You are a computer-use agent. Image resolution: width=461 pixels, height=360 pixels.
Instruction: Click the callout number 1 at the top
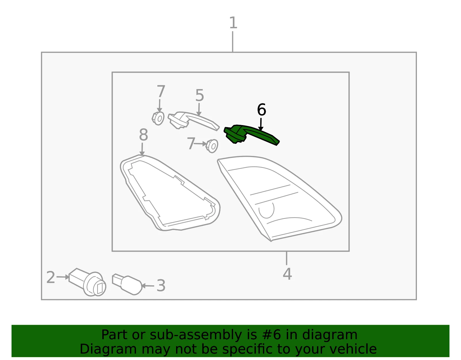click(233, 23)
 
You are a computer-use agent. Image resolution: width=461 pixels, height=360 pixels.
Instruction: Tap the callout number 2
click(51, 277)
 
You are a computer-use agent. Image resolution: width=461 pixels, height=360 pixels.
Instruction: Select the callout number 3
click(161, 286)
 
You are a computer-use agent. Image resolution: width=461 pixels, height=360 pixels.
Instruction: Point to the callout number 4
click(287, 274)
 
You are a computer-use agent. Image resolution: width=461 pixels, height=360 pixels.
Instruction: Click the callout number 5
click(200, 95)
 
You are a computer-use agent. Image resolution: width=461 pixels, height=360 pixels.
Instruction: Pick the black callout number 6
click(261, 110)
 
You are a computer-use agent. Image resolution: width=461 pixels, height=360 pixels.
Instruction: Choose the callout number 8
click(143, 135)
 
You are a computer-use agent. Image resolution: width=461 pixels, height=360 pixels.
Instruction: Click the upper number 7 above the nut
click(161, 91)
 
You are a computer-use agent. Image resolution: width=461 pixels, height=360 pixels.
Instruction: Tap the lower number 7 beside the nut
click(191, 144)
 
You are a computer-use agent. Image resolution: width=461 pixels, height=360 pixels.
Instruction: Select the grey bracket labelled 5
click(193, 120)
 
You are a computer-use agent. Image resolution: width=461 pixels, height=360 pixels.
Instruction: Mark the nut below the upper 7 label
click(158, 118)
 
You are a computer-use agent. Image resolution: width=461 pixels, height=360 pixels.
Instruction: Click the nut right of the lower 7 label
click(212, 146)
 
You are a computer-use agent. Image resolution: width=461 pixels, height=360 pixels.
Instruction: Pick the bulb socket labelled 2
click(87, 282)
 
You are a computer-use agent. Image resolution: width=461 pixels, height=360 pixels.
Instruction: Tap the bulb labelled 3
click(127, 284)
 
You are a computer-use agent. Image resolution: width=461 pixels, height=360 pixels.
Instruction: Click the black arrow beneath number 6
click(261, 124)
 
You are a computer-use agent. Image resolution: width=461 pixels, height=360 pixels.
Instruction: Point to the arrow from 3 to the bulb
click(148, 286)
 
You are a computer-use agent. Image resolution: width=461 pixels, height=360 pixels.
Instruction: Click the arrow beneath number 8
click(142, 149)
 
